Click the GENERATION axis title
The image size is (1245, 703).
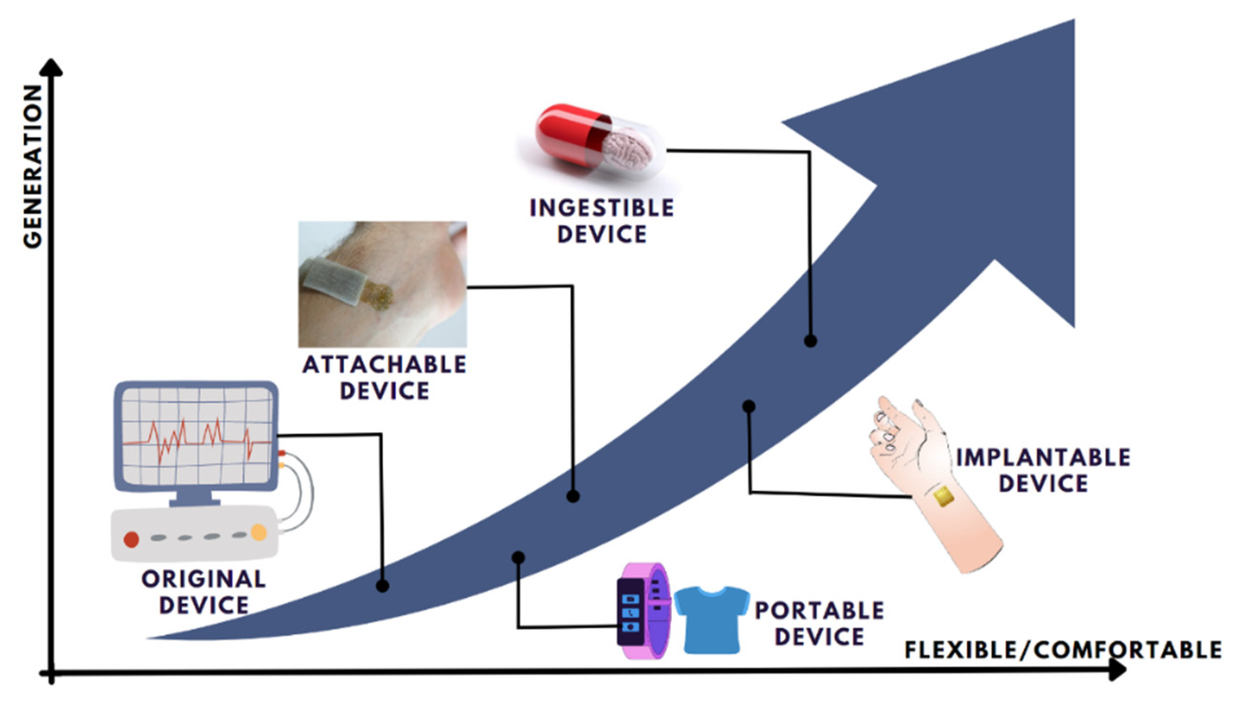tap(33, 167)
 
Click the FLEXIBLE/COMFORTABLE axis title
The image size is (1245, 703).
tap(1062, 650)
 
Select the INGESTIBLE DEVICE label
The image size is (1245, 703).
tap(601, 221)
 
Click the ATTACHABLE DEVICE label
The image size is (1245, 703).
tap(384, 377)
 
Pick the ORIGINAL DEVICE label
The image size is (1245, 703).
tap(204, 592)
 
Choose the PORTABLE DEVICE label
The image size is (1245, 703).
tap(820, 623)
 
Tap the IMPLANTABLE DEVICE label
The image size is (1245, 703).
tap(1043, 470)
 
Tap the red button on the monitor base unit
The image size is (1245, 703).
tap(132, 539)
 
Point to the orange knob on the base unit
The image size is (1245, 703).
tap(259, 533)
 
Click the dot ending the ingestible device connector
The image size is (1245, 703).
tap(811, 341)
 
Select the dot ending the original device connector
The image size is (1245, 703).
tap(382, 586)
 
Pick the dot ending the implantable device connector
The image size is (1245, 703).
tap(749, 406)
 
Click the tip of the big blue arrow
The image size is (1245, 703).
tap(1074, 22)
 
